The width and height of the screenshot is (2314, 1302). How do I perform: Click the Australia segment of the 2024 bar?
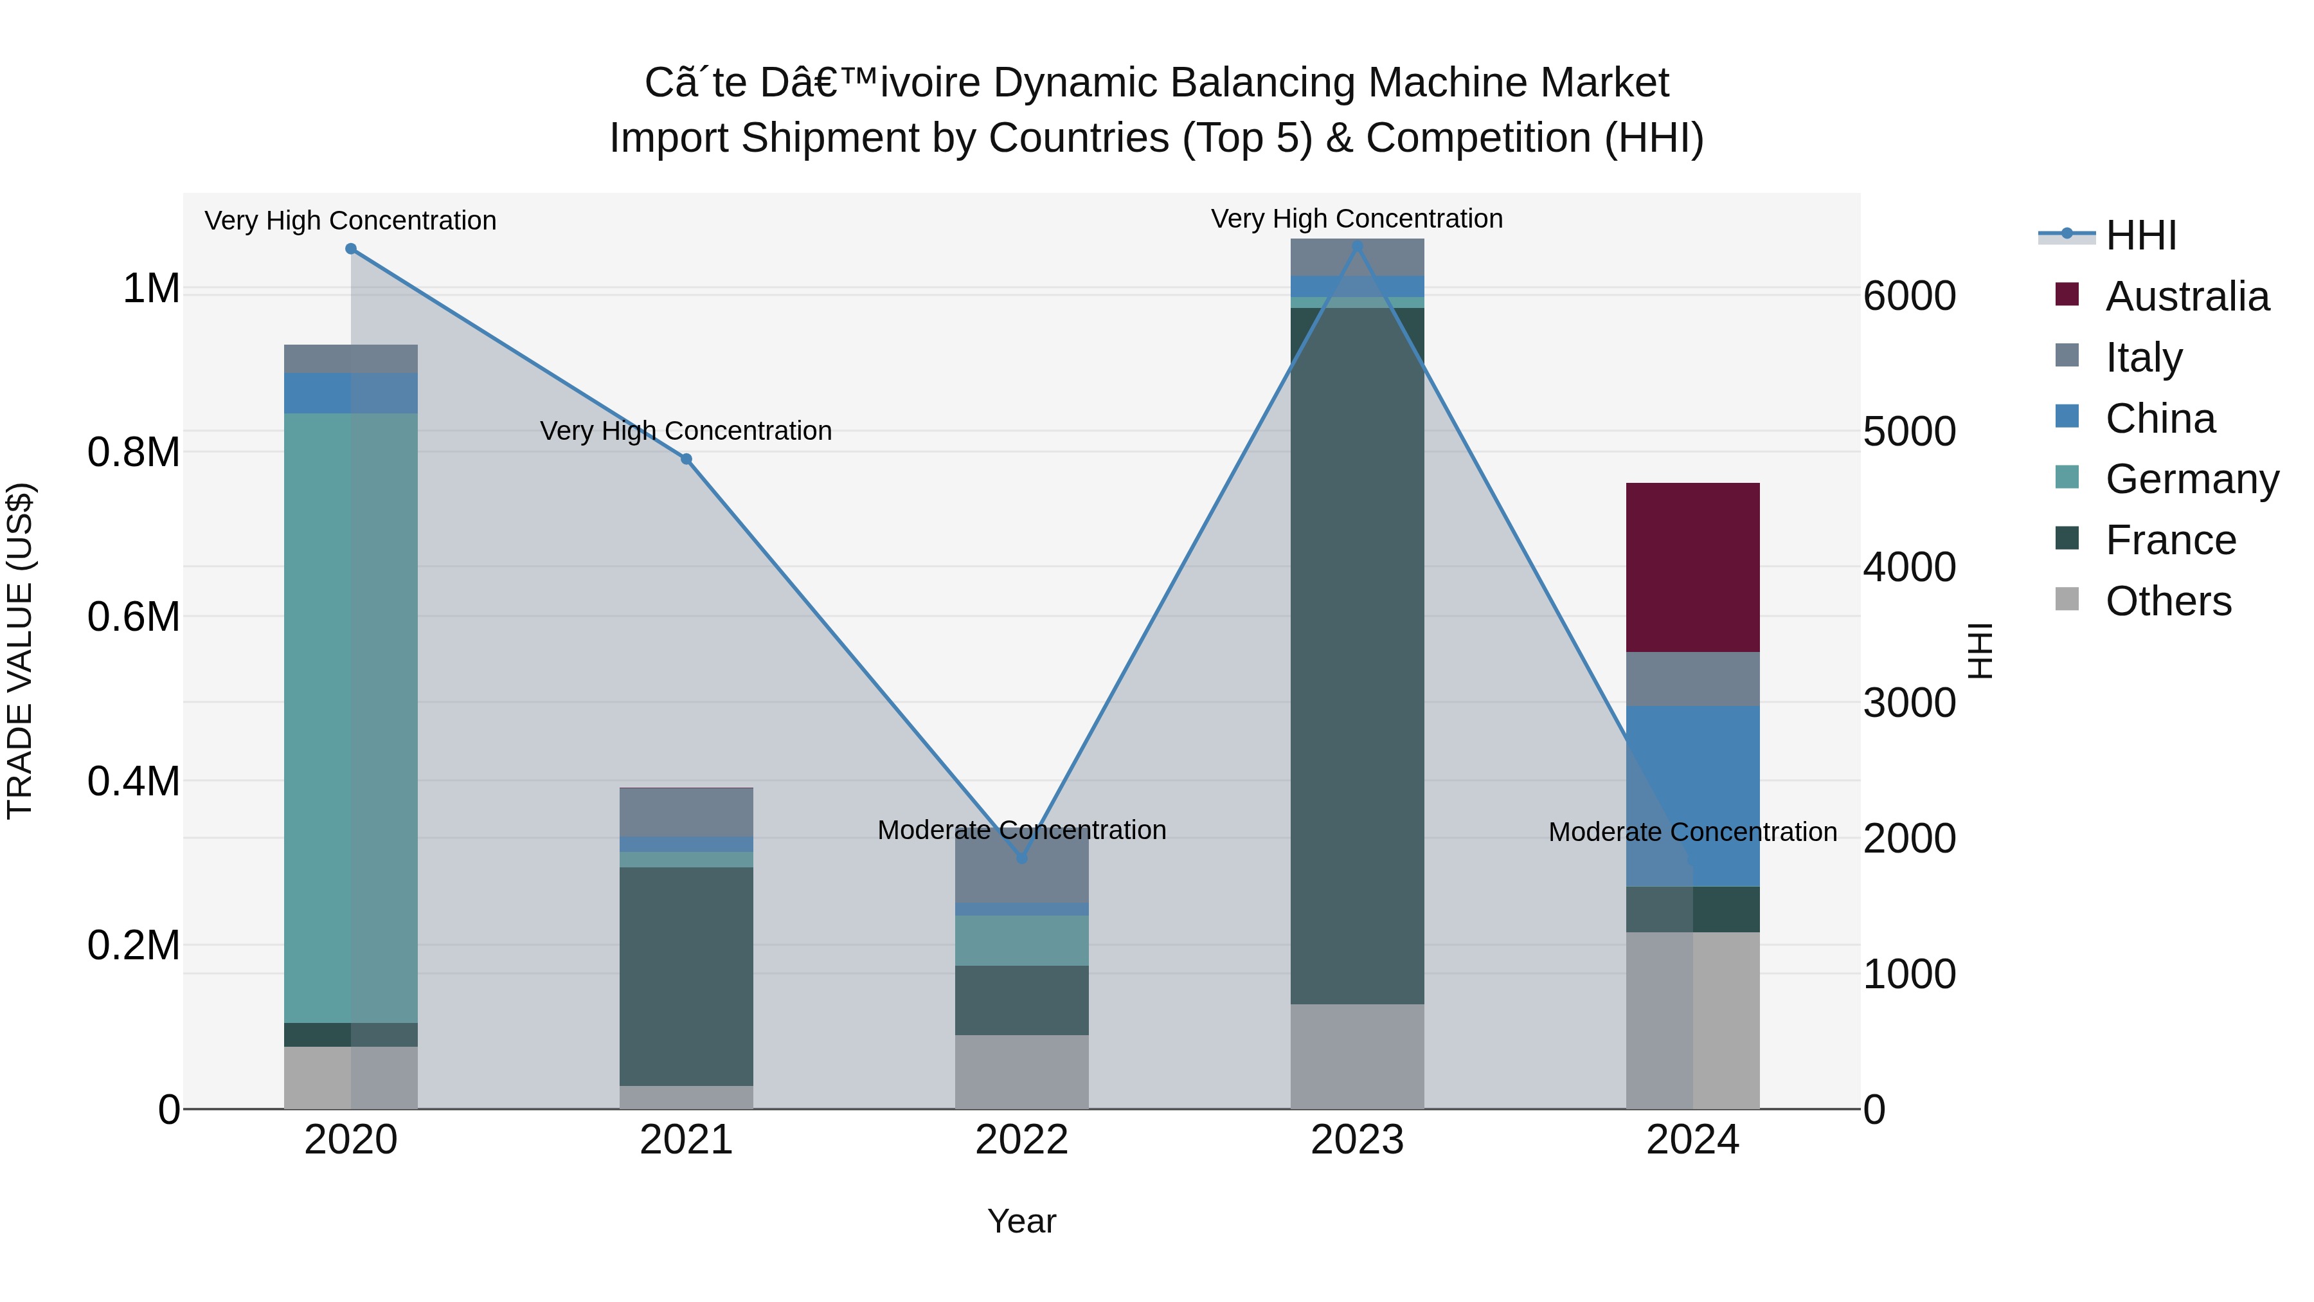click(x=1692, y=567)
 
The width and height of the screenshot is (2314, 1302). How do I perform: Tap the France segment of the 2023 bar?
click(x=1356, y=656)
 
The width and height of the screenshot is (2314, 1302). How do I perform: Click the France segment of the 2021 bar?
click(x=686, y=976)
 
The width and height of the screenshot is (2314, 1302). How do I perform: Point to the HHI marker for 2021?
click(x=686, y=459)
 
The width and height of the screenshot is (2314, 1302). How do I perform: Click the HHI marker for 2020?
click(x=351, y=249)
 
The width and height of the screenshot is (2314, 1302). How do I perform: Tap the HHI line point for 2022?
click(x=1021, y=858)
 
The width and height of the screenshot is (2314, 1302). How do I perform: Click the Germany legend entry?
click(x=2191, y=479)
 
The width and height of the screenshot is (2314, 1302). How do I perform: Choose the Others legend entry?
click(x=2167, y=601)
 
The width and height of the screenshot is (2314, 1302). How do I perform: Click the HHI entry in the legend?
click(x=2140, y=235)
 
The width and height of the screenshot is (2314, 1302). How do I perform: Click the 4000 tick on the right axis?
click(x=1909, y=567)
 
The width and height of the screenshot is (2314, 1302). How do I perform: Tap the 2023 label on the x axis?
click(x=1356, y=1140)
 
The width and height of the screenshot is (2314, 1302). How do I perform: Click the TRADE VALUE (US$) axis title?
click(x=20, y=651)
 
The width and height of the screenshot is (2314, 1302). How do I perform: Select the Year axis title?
click(x=1021, y=1221)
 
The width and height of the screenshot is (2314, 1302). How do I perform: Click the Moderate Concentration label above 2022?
click(x=1021, y=829)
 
